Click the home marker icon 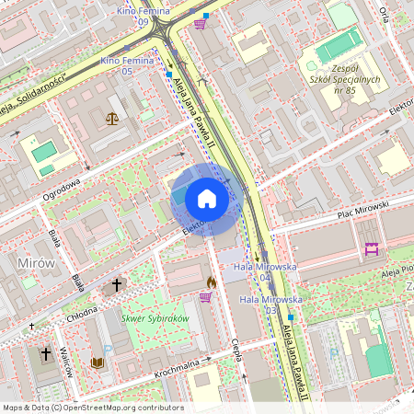(x=207, y=199)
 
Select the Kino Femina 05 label (x=127, y=65)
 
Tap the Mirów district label (x=36, y=263)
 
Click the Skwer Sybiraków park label (x=155, y=318)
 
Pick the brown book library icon (x=98, y=362)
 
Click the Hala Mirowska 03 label (x=270, y=305)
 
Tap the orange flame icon (x=211, y=282)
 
